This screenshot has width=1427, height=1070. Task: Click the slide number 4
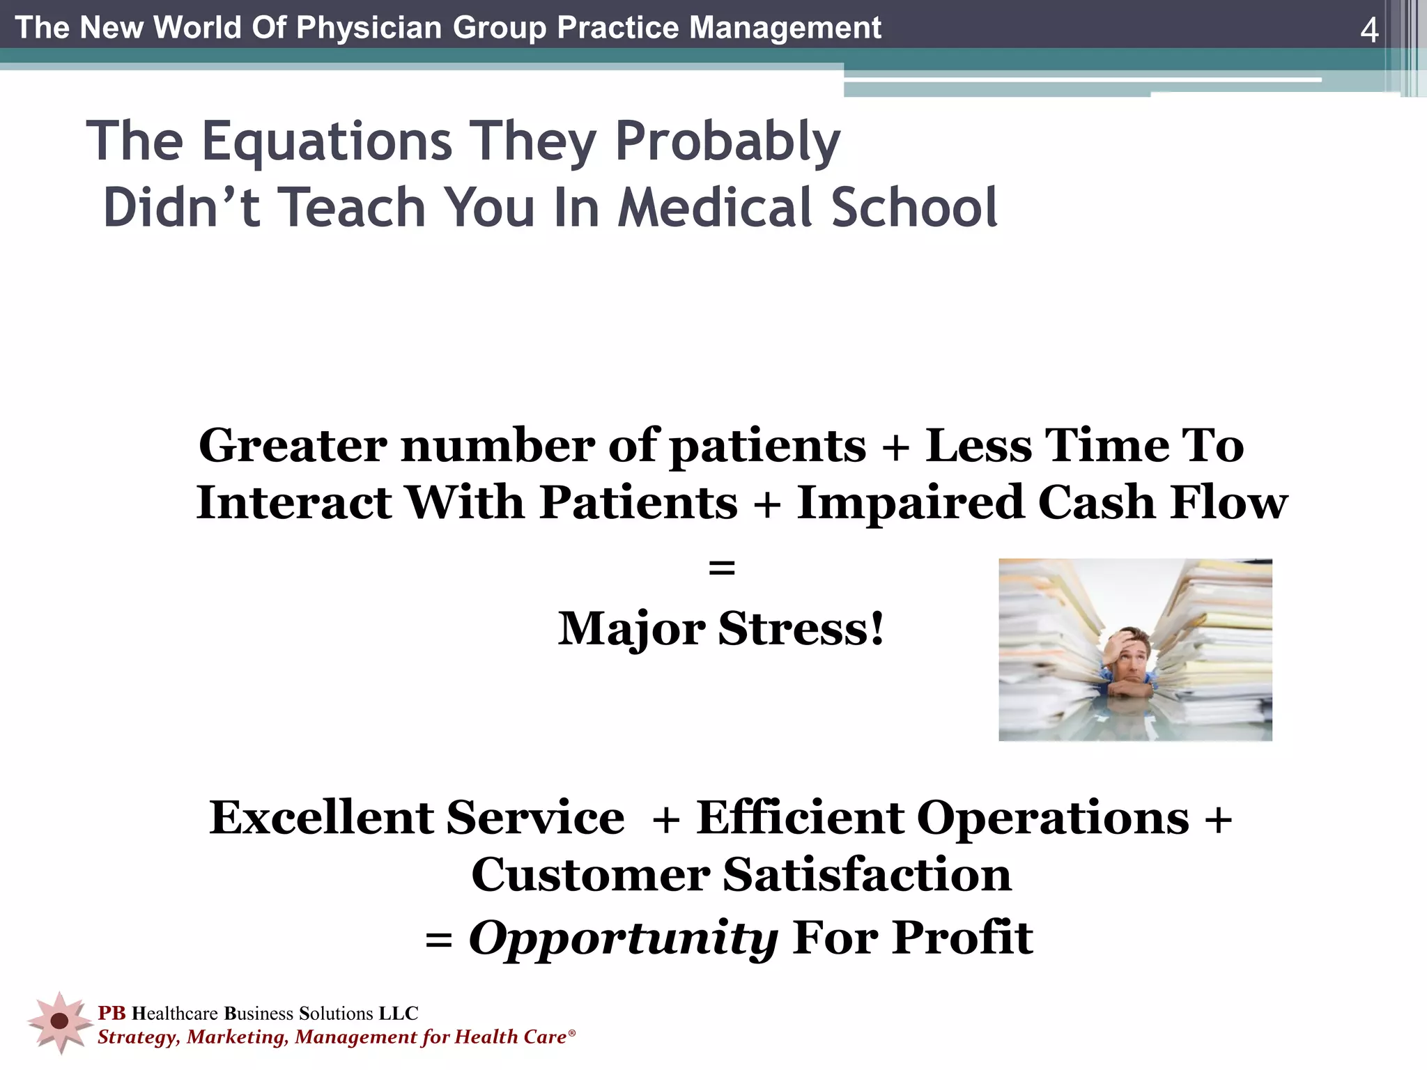[x=1369, y=30]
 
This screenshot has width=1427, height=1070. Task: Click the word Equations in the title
[x=327, y=141]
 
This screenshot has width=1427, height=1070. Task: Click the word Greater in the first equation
[x=293, y=445]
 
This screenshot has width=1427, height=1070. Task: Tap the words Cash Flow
[x=1163, y=502]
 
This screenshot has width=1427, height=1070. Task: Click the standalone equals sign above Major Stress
[x=721, y=568]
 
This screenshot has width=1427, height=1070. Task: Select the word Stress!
[x=801, y=628]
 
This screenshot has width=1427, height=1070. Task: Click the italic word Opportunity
[x=623, y=938]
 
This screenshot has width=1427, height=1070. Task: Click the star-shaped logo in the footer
[x=60, y=1021]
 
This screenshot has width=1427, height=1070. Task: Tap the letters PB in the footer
[x=111, y=1013]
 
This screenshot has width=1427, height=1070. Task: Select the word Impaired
[x=910, y=502]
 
